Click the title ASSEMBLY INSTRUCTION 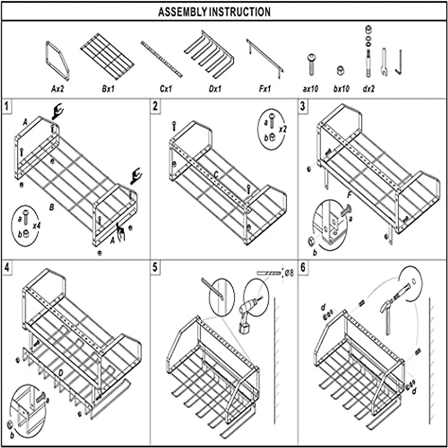click(214, 12)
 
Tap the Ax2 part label click(58, 89)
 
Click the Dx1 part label click(215, 89)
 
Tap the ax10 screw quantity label click(310, 90)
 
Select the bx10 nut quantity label click(341, 90)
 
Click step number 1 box click(7, 106)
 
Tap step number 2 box click(155, 106)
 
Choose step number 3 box click(303, 106)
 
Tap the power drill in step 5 click(247, 314)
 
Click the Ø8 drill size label click(289, 273)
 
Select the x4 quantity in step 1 click(37, 226)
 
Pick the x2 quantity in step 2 click(283, 129)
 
